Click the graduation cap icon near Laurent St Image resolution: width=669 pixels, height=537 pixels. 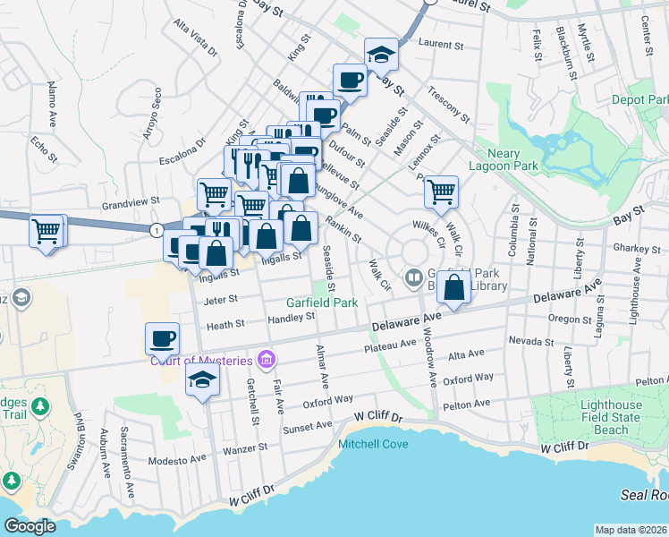(x=381, y=54)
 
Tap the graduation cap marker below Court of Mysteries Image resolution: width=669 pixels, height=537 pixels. (x=203, y=379)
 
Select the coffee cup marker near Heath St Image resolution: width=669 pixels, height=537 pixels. (x=162, y=339)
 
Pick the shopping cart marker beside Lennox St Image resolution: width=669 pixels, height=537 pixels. (x=441, y=191)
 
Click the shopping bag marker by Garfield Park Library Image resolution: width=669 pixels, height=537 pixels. (x=454, y=287)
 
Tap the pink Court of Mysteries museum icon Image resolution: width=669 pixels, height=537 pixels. (x=265, y=361)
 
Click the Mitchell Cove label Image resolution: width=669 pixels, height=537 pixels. (x=373, y=443)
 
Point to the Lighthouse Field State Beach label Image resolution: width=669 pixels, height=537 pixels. (x=600, y=418)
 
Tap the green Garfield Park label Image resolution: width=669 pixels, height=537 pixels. (x=322, y=303)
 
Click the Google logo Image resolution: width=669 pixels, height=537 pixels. (x=30, y=526)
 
